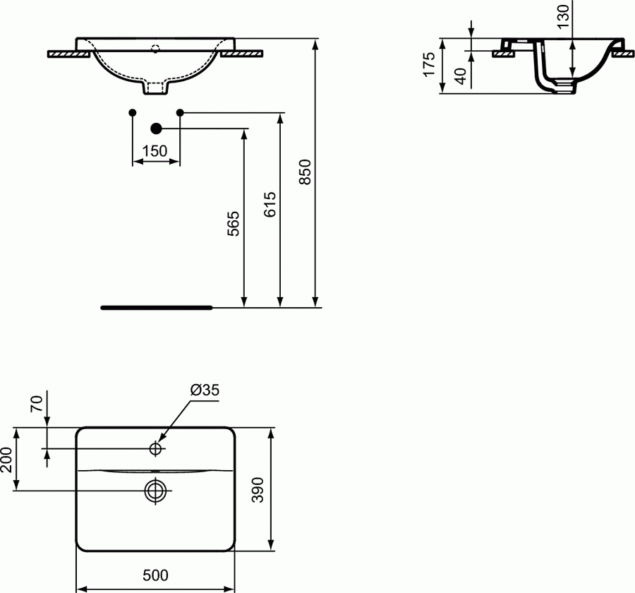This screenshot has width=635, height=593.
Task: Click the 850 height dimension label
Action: pos(305,173)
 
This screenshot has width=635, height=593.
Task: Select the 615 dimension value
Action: pos(270,204)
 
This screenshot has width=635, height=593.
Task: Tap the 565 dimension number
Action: pos(234,224)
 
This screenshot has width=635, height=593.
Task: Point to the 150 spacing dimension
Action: pos(155,151)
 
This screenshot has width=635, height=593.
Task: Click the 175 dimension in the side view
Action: pos(428,66)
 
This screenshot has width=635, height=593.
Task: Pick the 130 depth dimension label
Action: pos(562,16)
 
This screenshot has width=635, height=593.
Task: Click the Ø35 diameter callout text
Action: pos(204,390)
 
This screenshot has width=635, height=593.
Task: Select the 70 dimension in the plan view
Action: pos(37,405)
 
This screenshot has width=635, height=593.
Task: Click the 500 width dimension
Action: pos(155,575)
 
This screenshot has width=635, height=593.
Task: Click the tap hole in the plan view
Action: pos(156,448)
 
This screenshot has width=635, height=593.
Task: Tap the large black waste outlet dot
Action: pos(157,128)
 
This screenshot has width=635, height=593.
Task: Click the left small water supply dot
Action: pos(133,112)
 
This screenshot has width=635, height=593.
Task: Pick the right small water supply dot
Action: pos(179,112)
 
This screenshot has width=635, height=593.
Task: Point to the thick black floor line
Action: pos(156,308)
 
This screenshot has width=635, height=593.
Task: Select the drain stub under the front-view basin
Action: pos(155,88)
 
